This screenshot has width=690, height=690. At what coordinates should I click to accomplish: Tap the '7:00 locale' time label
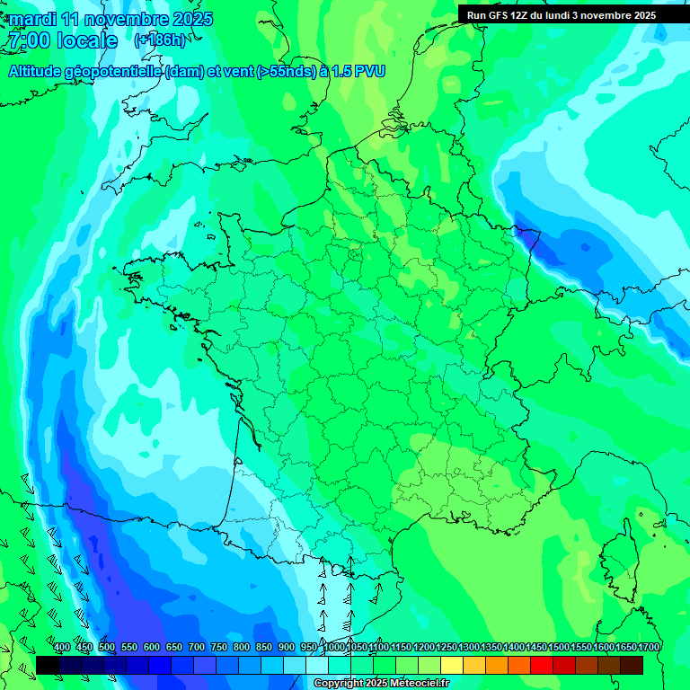pyautogui.click(x=62, y=40)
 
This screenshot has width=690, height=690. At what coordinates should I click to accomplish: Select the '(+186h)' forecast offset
pyautogui.click(x=160, y=40)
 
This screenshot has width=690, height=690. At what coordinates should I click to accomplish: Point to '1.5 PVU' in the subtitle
pyautogui.click(x=358, y=72)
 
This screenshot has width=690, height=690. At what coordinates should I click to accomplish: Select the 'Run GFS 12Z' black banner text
pyautogui.click(x=503, y=15)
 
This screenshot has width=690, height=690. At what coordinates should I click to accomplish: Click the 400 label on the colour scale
pyautogui.click(x=62, y=647)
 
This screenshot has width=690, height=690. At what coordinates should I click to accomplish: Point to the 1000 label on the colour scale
pyautogui.click(x=334, y=647)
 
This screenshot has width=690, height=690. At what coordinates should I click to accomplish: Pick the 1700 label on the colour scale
pyautogui.click(x=649, y=647)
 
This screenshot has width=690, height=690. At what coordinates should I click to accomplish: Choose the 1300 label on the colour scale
pyautogui.click(x=469, y=647)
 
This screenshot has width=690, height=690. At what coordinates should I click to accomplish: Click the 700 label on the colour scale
pyautogui.click(x=197, y=647)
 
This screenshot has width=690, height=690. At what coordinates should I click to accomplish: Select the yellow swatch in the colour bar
pyautogui.click(x=452, y=665)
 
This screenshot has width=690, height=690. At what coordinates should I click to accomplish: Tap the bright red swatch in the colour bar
pyautogui.click(x=542, y=665)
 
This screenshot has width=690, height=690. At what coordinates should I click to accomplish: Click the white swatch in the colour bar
pyautogui.click(x=317, y=665)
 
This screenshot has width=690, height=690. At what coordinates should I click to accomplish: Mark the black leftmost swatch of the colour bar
pyautogui.click(x=48, y=665)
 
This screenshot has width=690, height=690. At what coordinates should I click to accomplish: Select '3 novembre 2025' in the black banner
pyautogui.click(x=614, y=15)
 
